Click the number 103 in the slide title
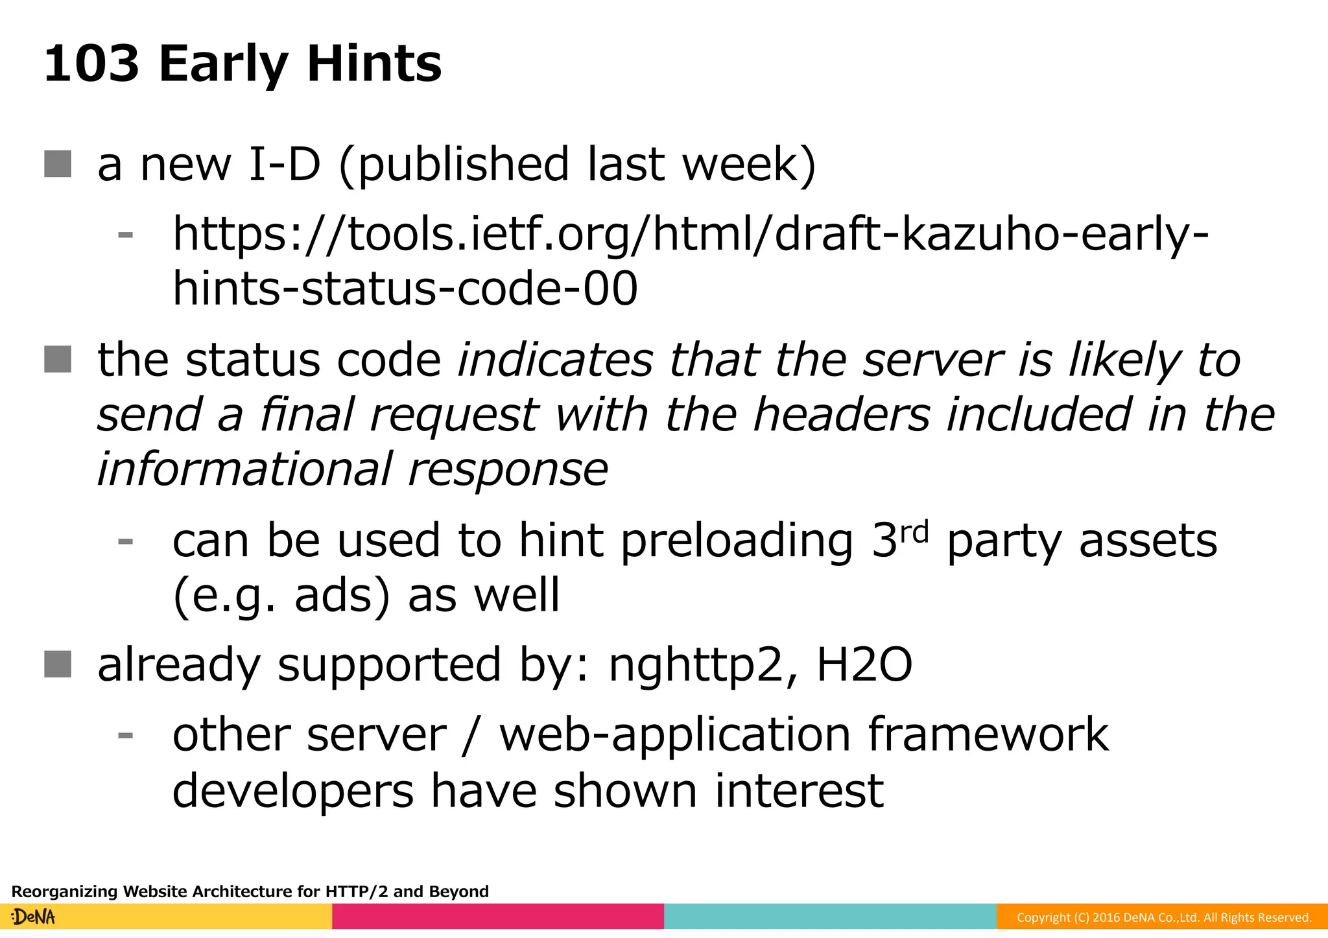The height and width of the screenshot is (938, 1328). [x=91, y=64]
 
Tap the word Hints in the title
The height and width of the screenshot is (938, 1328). [x=373, y=64]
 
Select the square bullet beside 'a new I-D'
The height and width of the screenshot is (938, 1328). [x=58, y=163]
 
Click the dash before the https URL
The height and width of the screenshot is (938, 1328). [x=125, y=234]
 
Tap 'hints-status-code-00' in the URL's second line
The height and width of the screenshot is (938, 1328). [x=405, y=288]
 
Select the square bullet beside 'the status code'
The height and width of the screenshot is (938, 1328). [x=58, y=359]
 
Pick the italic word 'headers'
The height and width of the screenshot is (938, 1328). [x=842, y=414]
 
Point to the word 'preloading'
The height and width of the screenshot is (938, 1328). [x=737, y=541]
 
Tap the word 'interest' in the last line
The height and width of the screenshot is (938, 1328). [x=799, y=790]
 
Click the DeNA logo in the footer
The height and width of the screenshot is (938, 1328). [x=34, y=917]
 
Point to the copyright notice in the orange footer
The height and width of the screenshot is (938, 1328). [x=1163, y=917]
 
